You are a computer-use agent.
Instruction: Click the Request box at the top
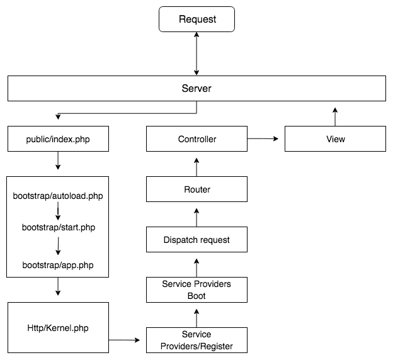pos(196,19)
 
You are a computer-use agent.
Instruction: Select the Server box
pos(196,88)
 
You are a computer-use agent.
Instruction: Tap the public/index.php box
pos(57,138)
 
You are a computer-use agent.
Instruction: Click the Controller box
pos(196,138)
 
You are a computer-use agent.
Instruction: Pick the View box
pos(335,138)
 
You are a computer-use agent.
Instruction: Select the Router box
pos(196,189)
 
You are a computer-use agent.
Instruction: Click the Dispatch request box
pos(196,239)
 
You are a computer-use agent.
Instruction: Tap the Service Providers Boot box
pos(196,290)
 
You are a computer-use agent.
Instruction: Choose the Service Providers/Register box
pos(196,340)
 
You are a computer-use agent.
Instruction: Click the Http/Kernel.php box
pos(57,327)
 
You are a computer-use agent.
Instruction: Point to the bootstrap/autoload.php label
pos(57,196)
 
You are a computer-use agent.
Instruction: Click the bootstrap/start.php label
pos(57,227)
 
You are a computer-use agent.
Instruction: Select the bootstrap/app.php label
pos(57,265)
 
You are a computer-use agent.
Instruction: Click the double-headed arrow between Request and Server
pos(196,53)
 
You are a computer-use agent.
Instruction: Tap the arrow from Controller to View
pos(265,137)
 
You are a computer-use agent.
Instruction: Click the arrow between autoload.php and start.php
pos(57,211)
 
